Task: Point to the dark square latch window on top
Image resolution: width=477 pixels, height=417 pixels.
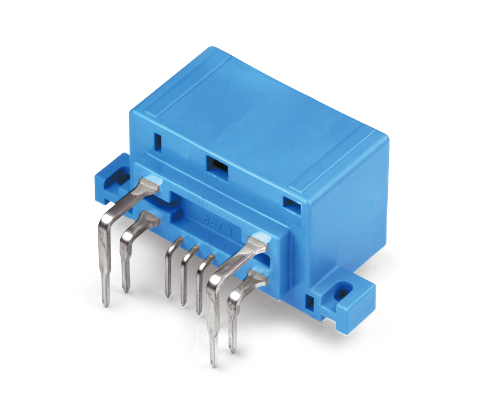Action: click(x=217, y=164)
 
